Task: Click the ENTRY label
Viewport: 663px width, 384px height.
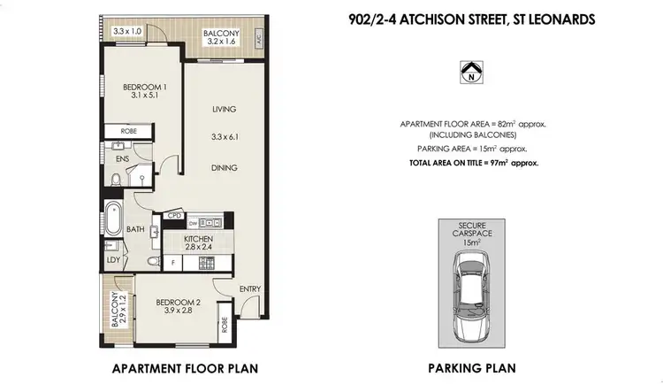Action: coord(250,288)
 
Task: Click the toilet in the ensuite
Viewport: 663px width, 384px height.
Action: coord(116,180)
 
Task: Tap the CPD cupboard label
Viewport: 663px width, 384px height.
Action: coord(174,214)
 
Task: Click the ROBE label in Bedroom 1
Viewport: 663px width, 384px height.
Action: coord(117,132)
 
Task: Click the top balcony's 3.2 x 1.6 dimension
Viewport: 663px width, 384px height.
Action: coord(221,40)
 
